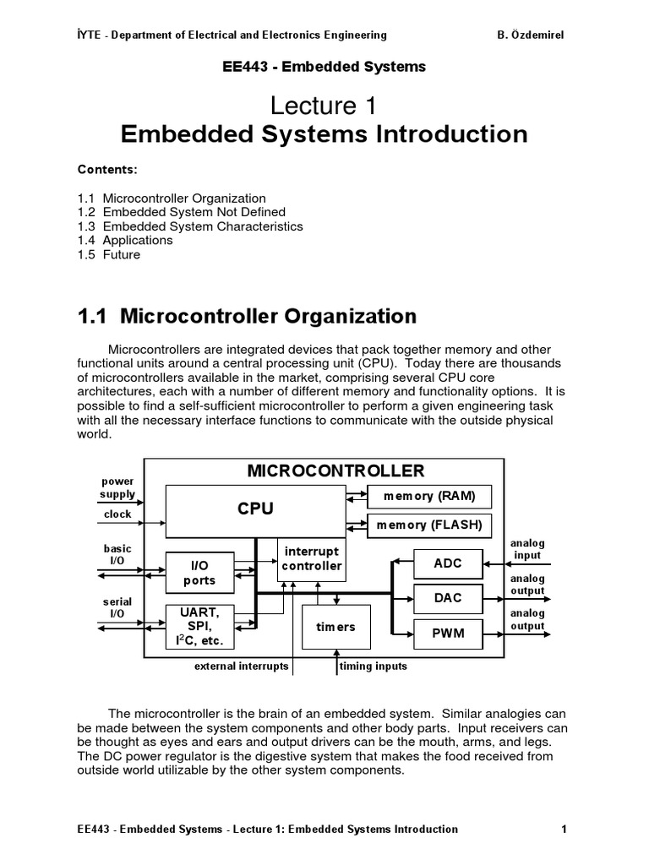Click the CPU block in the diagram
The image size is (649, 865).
(255, 509)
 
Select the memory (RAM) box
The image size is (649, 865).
(429, 496)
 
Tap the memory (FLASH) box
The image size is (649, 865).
(429, 525)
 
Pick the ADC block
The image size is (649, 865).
(448, 563)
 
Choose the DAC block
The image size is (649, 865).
(448, 597)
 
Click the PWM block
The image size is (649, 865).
(448, 633)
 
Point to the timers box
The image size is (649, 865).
(335, 627)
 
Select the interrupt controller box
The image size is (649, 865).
(311, 559)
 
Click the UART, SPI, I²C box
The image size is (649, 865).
(199, 626)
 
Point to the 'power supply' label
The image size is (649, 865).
(117, 487)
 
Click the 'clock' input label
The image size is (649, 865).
(117, 513)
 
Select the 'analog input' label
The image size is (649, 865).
(527, 549)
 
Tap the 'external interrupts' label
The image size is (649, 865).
(241, 666)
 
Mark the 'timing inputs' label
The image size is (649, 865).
(374, 666)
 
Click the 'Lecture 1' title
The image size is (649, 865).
(324, 106)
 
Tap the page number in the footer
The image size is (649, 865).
(564, 830)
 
